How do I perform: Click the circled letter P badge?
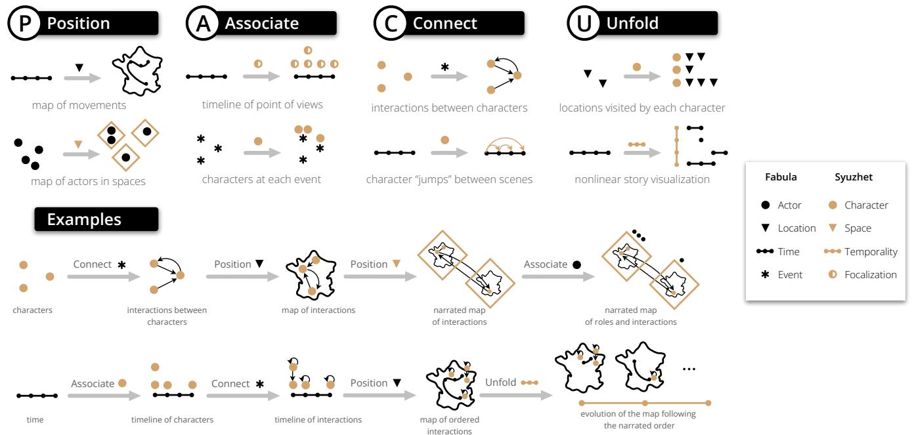click(23, 24)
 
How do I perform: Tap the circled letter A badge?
click(202, 24)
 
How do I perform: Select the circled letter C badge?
click(390, 24)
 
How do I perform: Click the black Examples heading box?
click(97, 219)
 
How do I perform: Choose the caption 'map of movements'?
click(78, 105)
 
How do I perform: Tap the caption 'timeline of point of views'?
click(262, 105)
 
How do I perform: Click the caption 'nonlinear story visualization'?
click(641, 179)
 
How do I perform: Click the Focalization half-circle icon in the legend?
click(833, 275)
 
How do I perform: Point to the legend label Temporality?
click(871, 252)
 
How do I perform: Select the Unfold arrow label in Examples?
click(501, 383)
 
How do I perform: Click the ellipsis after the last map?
click(689, 369)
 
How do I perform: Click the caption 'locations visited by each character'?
click(641, 108)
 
